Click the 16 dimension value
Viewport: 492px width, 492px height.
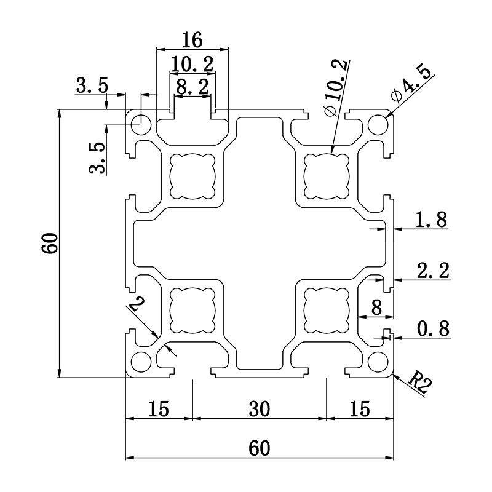click(x=192, y=40)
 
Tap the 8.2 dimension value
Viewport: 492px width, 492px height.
click(x=192, y=86)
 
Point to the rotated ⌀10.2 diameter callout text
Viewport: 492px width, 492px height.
click(x=336, y=86)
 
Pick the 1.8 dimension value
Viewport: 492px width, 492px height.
click(x=431, y=220)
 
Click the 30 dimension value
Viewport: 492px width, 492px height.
click(x=259, y=408)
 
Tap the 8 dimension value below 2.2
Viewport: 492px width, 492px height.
click(x=376, y=306)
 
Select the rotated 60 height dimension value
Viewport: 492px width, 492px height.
click(x=50, y=244)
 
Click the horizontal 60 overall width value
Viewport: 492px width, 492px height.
click(x=259, y=448)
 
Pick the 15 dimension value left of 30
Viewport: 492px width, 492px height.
click(x=159, y=408)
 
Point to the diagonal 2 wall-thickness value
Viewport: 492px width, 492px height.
click(x=138, y=303)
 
